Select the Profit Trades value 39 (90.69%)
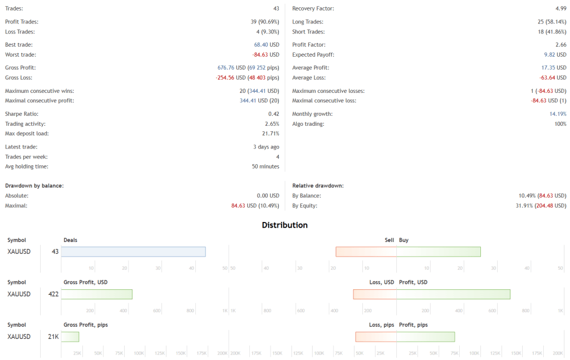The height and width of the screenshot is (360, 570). [262, 22]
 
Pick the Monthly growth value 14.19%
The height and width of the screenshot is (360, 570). [558, 114]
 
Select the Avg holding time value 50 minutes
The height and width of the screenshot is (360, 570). [266, 166]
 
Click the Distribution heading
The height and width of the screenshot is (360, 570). [284, 225]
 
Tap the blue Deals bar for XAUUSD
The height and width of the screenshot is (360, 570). [133, 252]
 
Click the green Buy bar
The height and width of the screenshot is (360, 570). [438, 252]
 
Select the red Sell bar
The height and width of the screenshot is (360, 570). [366, 252]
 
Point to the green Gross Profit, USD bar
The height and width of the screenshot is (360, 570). [96, 294]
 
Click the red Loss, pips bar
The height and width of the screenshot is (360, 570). [376, 337]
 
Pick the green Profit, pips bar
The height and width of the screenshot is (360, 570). [425, 337]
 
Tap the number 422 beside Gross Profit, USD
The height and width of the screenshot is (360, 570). [53, 294]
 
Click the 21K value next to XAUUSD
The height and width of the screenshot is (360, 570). [53, 337]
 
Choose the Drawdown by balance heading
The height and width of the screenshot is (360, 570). [34, 185]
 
